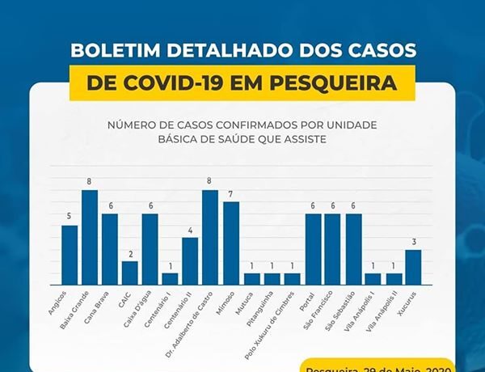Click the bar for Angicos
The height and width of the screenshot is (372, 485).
tap(70, 255)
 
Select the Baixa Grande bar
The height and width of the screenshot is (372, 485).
tap(89, 237)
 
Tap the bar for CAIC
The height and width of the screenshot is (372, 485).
tap(129, 273)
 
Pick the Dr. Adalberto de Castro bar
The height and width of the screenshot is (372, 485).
tap(210, 237)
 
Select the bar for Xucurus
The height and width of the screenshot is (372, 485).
tap(413, 267)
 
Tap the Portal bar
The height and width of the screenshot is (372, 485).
tap(312, 249)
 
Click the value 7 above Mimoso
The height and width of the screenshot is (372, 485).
tap(231, 194)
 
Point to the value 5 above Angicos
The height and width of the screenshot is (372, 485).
tap(70, 217)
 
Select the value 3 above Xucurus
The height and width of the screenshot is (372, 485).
tap(413, 242)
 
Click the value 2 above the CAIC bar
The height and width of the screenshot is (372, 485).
tap(129, 253)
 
